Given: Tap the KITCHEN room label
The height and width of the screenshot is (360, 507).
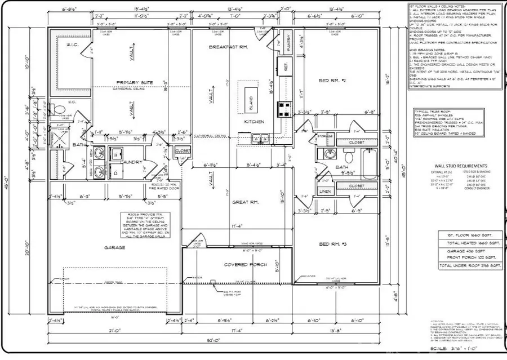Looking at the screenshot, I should coord(255,122).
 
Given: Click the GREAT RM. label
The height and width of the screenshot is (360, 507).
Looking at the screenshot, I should coord(246,202).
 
